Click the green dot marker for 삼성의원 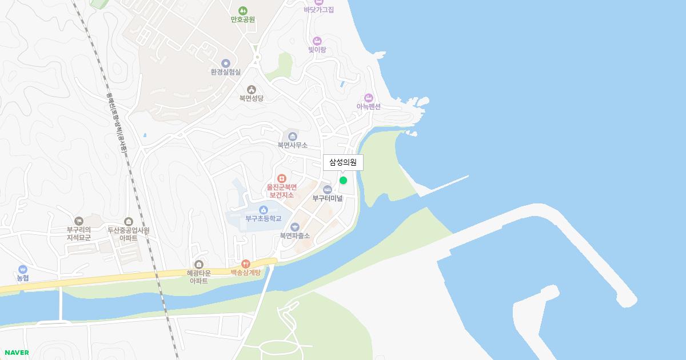click(343, 180)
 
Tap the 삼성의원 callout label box click(343, 163)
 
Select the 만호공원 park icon click(243, 10)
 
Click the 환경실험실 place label click(226, 72)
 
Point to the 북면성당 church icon click(252, 89)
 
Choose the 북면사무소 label click(293, 145)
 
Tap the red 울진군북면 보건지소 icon click(281, 179)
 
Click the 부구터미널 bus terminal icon click(328, 190)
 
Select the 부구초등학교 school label click(264, 218)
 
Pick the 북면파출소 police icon click(295, 227)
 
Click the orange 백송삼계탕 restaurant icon click(246, 263)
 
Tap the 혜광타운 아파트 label click(199, 277)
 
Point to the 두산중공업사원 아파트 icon click(129, 221)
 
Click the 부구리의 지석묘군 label click(79, 234)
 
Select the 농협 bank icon click(23, 269)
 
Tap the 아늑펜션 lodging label click(369, 106)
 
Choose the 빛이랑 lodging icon click(317, 41)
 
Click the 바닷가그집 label click(319, 10)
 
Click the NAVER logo click(17, 353)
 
